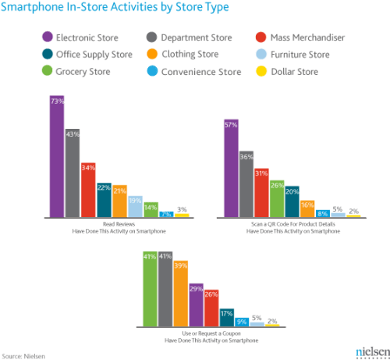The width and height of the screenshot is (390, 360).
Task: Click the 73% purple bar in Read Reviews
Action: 57,156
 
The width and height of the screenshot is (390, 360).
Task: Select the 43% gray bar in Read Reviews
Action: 73,173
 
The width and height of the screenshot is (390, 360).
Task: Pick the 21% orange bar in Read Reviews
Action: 119,201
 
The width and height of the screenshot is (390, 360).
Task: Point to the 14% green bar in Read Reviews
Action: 151,209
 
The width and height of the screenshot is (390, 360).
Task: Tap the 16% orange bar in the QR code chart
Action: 307,207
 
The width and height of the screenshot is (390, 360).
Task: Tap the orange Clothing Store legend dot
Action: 151,54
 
